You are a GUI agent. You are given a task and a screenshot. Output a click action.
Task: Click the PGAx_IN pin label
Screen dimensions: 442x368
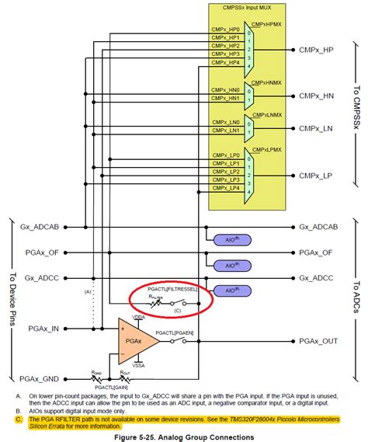click(44, 329)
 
